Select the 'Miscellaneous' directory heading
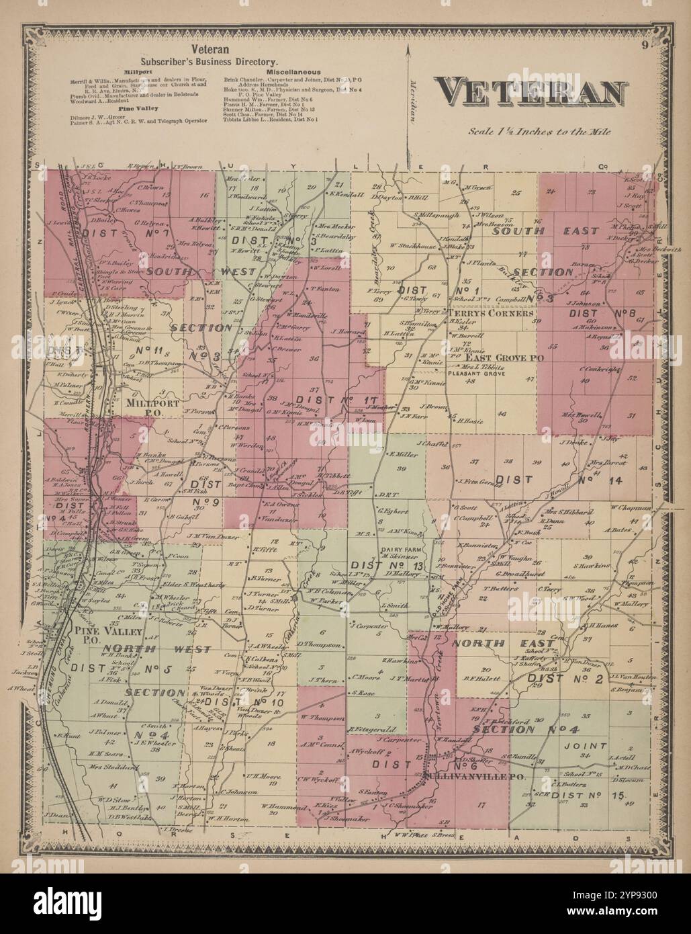(293, 71)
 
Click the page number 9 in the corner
(644, 46)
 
